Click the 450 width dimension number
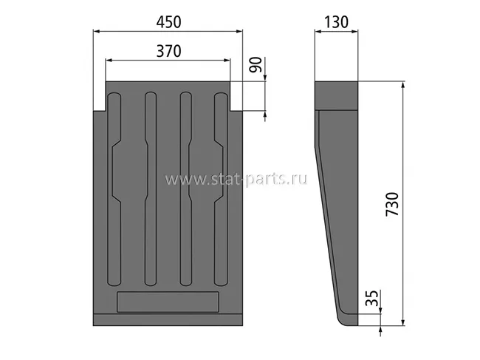168,22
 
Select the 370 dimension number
168,51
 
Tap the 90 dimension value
256,64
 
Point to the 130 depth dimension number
336,22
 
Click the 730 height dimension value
392,204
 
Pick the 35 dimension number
372,298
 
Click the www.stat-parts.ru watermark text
236,179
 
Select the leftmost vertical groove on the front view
114,189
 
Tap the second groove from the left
151,189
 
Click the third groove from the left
186,189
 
